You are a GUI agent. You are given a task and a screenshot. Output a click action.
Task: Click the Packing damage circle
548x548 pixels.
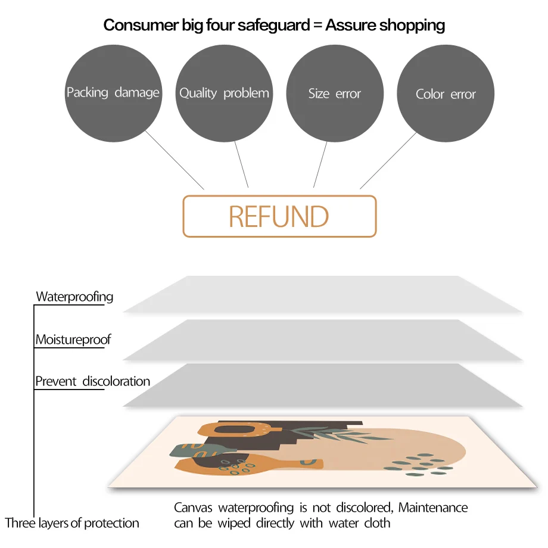pyautogui.click(x=113, y=94)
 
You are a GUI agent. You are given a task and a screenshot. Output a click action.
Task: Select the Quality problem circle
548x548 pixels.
pyautogui.click(x=224, y=94)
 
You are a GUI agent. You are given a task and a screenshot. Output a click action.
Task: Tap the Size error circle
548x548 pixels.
pyautogui.click(x=335, y=94)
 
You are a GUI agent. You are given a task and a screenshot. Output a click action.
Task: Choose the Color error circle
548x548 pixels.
pyautogui.click(x=446, y=94)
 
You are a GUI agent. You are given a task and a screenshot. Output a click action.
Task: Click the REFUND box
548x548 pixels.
pyautogui.click(x=279, y=216)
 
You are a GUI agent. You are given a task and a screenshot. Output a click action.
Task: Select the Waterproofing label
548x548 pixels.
pyautogui.click(x=74, y=297)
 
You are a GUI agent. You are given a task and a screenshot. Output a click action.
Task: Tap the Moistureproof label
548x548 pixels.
pyautogui.click(x=73, y=340)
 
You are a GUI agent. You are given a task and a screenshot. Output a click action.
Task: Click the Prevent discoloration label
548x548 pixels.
pyautogui.click(x=93, y=381)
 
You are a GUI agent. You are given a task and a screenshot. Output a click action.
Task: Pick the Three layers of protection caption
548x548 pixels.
pyautogui.click(x=72, y=524)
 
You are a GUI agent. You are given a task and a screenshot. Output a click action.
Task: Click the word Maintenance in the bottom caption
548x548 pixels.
pyautogui.click(x=433, y=508)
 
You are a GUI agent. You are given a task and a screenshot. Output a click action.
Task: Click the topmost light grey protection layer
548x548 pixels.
pyautogui.click(x=322, y=294)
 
